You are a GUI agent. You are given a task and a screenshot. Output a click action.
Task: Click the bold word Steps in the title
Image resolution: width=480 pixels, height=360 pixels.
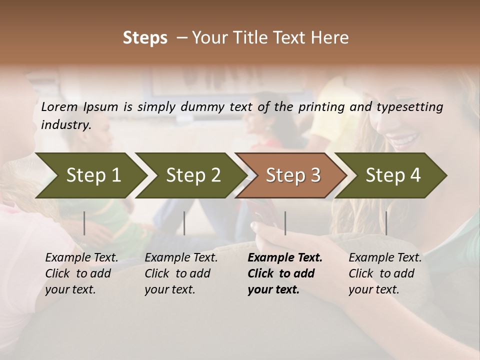(x=145, y=38)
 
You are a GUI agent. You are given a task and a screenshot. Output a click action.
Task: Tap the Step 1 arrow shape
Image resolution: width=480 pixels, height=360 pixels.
(x=90, y=175)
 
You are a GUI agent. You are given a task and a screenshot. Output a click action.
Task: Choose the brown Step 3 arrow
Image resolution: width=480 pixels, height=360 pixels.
(x=291, y=175)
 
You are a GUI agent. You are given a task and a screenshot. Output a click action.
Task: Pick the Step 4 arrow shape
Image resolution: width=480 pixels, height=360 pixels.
(x=391, y=175)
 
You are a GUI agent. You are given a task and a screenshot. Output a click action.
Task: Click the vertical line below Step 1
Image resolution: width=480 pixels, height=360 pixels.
(x=84, y=223)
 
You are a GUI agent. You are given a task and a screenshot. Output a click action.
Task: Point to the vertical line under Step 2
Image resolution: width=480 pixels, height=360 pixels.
(x=184, y=223)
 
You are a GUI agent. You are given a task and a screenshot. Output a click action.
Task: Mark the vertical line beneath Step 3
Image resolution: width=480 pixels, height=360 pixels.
(x=285, y=223)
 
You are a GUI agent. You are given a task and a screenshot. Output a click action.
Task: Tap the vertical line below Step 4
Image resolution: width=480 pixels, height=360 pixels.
(x=386, y=223)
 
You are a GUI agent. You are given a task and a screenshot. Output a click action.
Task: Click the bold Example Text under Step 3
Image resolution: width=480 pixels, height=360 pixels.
(x=284, y=273)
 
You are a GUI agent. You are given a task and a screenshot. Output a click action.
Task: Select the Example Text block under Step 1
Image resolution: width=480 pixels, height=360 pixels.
(x=81, y=273)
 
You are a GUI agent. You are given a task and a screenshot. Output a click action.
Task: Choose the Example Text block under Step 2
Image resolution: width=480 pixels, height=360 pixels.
(x=181, y=273)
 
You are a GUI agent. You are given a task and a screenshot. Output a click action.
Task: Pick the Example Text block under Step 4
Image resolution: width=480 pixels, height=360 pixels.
(x=384, y=273)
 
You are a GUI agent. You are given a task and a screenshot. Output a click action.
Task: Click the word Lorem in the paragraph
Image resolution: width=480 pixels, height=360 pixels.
(x=59, y=106)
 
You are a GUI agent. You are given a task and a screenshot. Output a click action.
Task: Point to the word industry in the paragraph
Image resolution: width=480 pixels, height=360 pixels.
(x=65, y=125)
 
